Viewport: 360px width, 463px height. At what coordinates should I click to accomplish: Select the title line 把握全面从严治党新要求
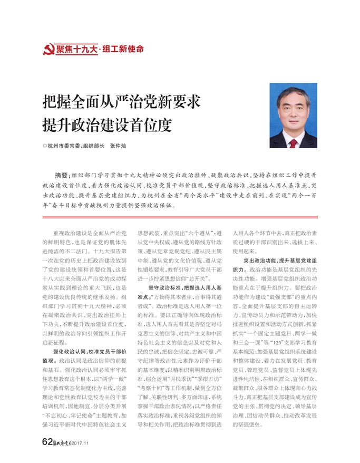(x=121, y=101)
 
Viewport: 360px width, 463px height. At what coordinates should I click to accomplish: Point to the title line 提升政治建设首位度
(x=108, y=125)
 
